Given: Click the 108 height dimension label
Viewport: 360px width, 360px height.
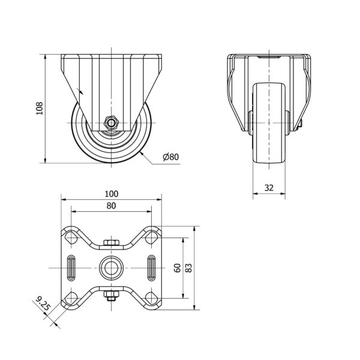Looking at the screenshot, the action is point(40,109).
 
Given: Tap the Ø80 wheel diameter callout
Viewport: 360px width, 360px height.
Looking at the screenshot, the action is point(170,157).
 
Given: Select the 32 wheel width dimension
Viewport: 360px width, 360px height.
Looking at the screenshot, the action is point(269,188).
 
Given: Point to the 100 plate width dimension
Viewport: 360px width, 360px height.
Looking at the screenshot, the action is point(112,194).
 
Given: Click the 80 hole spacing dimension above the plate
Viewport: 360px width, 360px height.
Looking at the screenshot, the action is point(112,206).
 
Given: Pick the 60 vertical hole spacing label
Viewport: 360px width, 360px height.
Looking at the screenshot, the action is point(178,268).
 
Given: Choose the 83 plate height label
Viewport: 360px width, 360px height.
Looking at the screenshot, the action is point(188,268).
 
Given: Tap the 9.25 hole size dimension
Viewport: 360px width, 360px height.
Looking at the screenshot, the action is point(43,303).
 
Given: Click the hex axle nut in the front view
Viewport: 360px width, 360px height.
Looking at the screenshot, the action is point(112,123).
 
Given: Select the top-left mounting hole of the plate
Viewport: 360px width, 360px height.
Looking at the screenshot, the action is point(71,238).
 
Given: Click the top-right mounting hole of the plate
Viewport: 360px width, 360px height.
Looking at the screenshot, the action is point(152,238).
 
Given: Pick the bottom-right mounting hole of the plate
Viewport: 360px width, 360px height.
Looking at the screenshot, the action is point(152,298).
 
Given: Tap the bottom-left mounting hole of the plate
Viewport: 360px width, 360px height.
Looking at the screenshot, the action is point(71,298).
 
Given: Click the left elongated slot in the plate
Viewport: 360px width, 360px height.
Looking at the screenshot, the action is point(71,268).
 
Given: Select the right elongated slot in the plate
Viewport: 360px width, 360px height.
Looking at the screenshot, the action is point(151,268).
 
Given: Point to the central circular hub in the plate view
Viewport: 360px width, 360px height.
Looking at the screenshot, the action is point(112,268).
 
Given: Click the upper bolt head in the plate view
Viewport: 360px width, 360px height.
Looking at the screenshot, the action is point(112,242).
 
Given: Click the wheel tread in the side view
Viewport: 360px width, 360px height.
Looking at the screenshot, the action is point(269,123).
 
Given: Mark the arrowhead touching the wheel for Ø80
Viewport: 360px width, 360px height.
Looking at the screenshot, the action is point(142,154).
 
